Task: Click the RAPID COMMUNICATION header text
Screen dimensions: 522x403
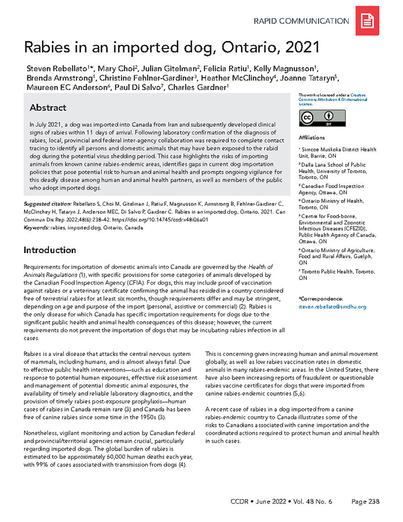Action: coord(301,21)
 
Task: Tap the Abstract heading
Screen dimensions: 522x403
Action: coord(48,108)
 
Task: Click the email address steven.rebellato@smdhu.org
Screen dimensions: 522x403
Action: coord(332,306)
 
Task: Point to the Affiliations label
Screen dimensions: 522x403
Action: coord(311,139)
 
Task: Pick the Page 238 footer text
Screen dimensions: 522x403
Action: coord(366,501)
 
